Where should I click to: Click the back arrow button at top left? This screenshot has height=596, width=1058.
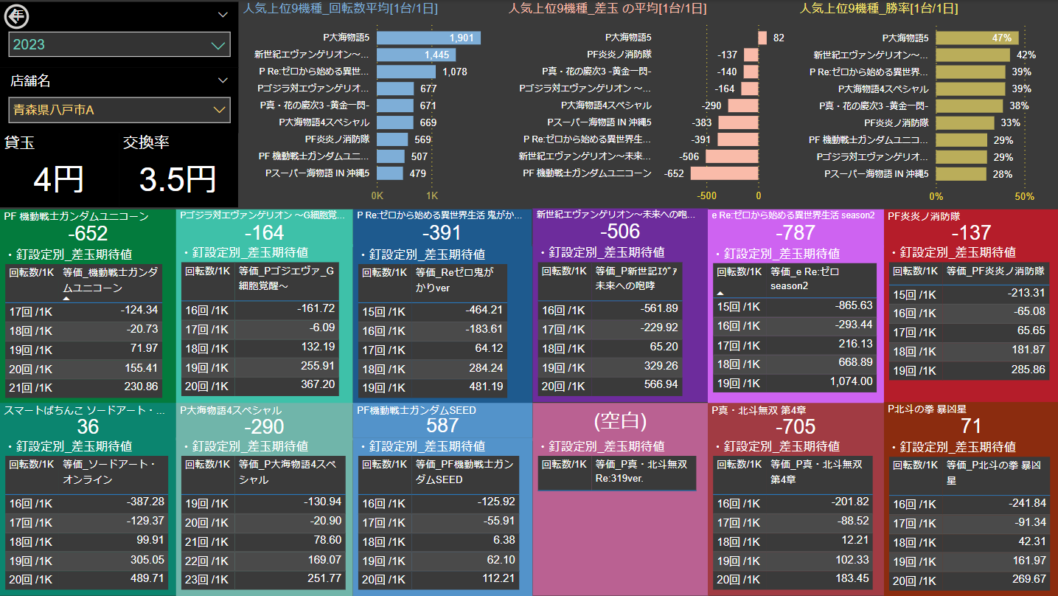tap(16, 14)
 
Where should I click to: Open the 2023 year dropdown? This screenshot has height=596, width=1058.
tap(119, 45)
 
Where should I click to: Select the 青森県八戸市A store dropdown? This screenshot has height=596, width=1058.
tap(119, 110)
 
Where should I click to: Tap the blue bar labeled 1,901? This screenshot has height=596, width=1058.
tap(428, 38)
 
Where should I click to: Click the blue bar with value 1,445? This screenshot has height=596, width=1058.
tap(416, 55)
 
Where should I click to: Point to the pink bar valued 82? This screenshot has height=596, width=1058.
tap(762, 38)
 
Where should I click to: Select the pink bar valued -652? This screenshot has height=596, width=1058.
tap(724, 173)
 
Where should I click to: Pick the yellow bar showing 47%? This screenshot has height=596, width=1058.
tap(977, 38)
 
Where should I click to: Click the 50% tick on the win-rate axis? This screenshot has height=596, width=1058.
tap(1025, 196)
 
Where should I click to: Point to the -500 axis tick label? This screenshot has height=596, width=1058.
tap(707, 196)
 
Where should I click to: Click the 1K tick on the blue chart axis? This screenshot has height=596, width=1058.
tap(432, 196)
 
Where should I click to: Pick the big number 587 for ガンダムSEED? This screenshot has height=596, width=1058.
tap(442, 426)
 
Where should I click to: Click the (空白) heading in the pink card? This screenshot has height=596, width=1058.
tap(620, 421)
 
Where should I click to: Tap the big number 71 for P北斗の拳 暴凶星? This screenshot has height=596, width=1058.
tap(972, 427)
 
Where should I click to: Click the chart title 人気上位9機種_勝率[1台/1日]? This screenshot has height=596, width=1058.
tap(879, 9)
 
